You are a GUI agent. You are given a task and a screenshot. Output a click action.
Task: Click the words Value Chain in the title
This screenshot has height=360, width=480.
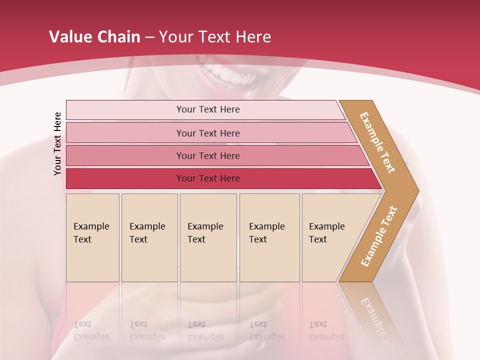[94, 37]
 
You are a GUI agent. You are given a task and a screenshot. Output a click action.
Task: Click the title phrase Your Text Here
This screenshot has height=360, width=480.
[215, 37]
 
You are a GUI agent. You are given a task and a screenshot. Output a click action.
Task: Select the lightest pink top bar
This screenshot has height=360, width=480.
[207, 109]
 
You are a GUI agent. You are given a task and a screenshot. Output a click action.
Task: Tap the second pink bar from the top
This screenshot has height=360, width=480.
[207, 133]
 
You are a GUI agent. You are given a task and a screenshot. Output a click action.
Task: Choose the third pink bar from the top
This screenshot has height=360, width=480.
[207, 155]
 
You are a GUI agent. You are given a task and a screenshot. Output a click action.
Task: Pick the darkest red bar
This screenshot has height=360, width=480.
[207, 178]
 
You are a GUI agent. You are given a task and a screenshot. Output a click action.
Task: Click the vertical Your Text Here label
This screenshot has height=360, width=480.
[57, 143]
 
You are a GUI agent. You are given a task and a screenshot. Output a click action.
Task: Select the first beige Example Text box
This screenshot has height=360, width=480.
[92, 237]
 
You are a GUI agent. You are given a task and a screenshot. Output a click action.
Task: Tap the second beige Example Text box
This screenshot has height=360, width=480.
[149, 237]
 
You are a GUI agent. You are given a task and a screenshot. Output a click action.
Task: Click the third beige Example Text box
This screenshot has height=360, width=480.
[207, 237]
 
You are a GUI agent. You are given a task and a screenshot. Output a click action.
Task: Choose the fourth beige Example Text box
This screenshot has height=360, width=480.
[269, 237]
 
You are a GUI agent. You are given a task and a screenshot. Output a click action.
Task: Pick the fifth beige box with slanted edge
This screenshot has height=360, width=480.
[330, 237]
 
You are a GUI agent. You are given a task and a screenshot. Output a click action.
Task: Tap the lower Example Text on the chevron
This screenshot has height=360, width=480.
[379, 236]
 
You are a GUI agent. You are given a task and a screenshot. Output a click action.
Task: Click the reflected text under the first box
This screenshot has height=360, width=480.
[91, 330]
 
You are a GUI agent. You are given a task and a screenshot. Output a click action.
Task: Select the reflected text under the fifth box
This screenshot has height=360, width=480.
[327, 330]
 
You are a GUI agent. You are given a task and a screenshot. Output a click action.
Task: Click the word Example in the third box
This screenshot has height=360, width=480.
[205, 226]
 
